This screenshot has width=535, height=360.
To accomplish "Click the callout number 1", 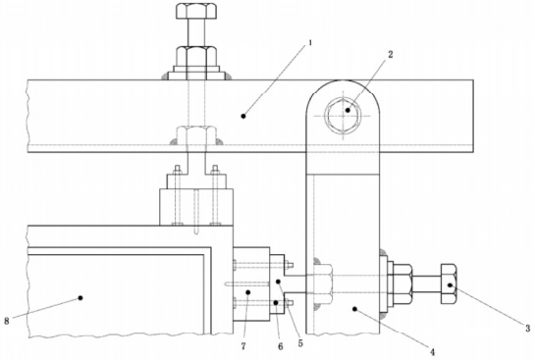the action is tap(310, 43).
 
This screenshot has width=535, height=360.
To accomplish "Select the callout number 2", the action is tap(391, 54).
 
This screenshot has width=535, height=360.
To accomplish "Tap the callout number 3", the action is tap(527, 329).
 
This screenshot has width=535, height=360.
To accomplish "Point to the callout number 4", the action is tap(432, 352).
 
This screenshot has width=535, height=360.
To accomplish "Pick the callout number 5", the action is tap(300, 343).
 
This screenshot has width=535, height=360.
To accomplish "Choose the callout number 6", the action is tap(281, 346).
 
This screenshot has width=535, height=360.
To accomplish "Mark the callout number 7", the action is tap(243, 346).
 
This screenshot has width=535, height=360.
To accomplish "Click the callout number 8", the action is tap(7, 321).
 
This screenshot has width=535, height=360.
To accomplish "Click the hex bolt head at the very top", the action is tap(196, 11).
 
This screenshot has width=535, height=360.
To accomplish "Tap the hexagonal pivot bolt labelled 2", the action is tap(343, 115).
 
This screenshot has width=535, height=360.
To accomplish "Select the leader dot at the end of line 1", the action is tap(243, 117).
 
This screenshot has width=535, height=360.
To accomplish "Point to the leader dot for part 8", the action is tap(80, 297).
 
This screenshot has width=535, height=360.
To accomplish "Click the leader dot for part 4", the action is tap(354, 309).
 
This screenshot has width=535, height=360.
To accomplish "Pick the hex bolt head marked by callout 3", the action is tap(449, 283).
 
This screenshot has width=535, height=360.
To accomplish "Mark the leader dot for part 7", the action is tap(248, 292).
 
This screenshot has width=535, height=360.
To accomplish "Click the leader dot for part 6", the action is tap(276, 302).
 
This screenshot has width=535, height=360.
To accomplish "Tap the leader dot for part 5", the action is tap(279, 282).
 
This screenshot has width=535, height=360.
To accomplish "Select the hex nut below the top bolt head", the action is tap(196, 56).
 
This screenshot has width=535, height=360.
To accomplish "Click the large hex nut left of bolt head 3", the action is tap(402, 283).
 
